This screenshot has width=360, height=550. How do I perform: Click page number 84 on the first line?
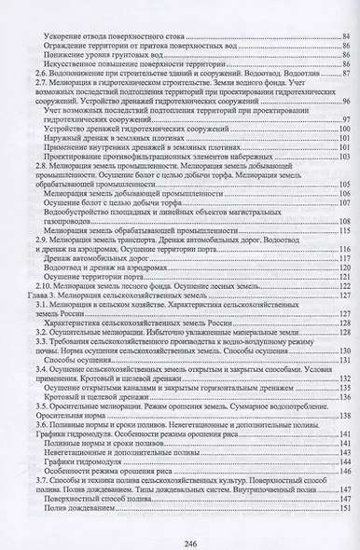[x=343, y=34]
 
